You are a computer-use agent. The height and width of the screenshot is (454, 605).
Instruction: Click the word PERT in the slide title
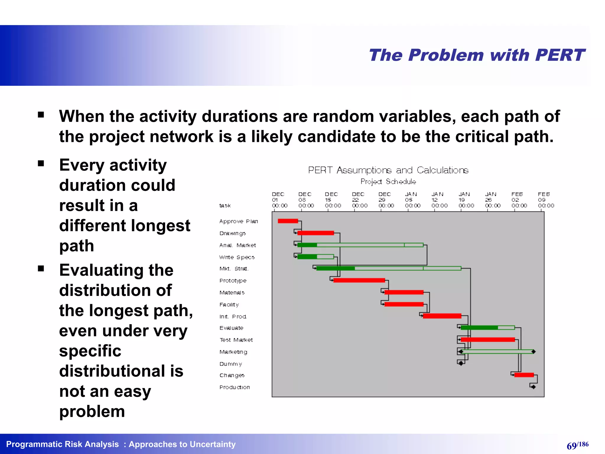(x=560, y=55)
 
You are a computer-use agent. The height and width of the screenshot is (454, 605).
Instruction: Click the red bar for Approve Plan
(x=288, y=221)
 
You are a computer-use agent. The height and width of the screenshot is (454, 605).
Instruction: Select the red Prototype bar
(x=359, y=280)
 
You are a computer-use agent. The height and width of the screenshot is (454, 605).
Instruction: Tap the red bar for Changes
(x=524, y=375)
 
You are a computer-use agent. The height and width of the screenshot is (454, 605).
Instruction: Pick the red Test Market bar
(x=487, y=340)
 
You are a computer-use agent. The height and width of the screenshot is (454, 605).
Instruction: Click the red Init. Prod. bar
(x=442, y=316)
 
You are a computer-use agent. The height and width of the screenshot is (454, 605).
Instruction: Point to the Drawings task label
(x=232, y=233)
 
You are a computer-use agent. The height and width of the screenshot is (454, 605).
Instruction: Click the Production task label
(x=235, y=387)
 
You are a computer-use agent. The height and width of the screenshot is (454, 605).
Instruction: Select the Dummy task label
(x=230, y=364)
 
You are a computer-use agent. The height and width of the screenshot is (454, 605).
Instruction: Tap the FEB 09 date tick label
(x=546, y=200)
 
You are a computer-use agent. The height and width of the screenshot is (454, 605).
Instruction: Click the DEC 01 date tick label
(x=279, y=200)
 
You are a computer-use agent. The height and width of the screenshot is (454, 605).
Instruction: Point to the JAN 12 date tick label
(x=439, y=200)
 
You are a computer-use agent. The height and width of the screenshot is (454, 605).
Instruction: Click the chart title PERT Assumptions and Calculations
(x=388, y=170)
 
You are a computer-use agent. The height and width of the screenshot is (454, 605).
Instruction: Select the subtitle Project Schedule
(x=388, y=181)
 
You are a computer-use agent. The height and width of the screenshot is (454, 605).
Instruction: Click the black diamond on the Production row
(x=533, y=387)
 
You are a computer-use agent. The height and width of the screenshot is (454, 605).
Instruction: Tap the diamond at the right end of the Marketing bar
(x=533, y=351)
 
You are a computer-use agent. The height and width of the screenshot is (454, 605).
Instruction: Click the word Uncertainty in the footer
(x=213, y=444)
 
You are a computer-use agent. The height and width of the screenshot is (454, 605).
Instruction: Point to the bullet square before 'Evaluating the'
(x=41, y=268)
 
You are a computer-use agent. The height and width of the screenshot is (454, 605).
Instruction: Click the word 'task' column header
(x=225, y=205)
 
